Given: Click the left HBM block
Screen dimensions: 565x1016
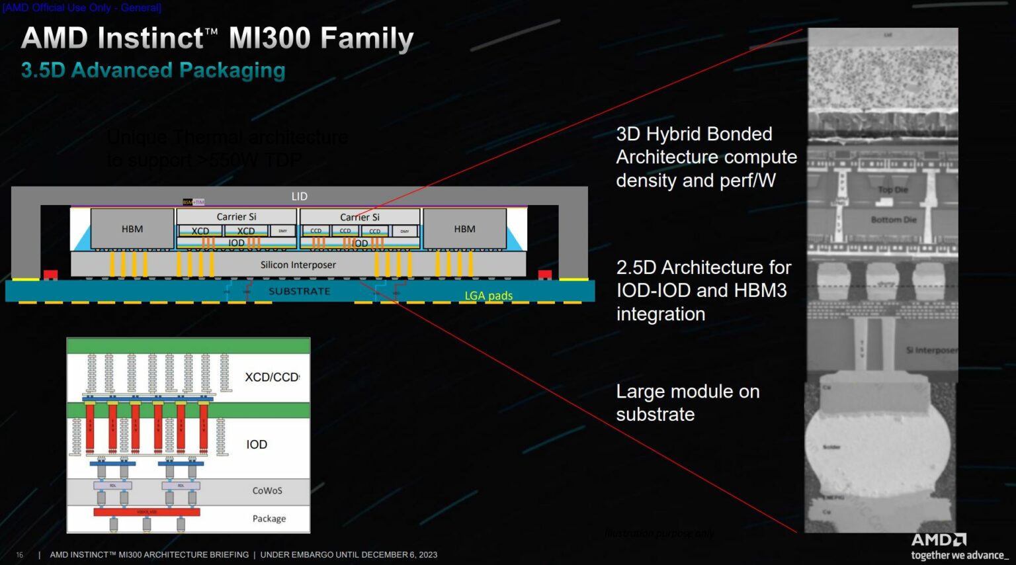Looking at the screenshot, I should pos(132,229).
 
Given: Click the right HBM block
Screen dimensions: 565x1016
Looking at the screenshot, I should pos(464,229).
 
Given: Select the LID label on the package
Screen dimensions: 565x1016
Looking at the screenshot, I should pos(300,196).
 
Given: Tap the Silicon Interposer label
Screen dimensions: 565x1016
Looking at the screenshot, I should pos(298,265).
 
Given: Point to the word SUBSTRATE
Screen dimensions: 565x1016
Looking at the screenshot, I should pos(299,291).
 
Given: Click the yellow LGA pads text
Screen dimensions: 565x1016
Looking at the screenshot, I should pos(488,296).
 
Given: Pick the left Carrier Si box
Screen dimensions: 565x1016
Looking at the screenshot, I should pos(236,216).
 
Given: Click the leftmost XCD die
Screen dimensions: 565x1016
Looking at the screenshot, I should pos(200,231).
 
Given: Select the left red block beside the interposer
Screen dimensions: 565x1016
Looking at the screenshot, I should pos(50,275).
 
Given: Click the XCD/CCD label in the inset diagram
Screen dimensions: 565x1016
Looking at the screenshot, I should pos(272,377).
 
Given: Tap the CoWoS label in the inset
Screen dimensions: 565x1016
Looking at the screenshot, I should pos(267,490).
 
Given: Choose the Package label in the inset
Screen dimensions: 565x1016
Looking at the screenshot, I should pos(269,519).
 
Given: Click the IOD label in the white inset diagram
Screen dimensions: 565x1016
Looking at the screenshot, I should pos(257,445).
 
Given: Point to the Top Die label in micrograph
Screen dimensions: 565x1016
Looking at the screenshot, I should pos(892,190).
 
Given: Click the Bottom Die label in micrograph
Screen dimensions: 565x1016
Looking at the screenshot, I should pos(894,220).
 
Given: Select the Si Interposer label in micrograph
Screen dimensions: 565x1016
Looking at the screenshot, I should pos(931,350).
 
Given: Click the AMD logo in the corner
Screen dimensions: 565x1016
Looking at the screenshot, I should pos(939,540).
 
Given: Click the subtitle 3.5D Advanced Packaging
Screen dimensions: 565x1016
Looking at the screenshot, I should pos(153,70).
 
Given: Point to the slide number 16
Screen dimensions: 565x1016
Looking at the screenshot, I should pos(19,555).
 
